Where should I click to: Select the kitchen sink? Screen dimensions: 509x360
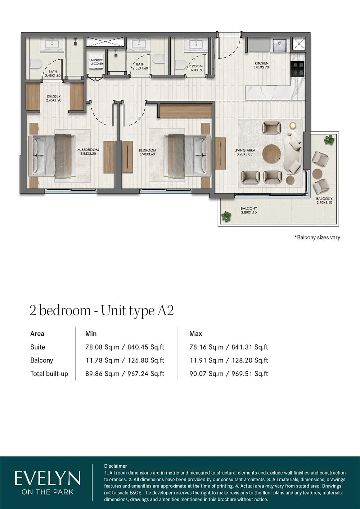(x=279, y=45)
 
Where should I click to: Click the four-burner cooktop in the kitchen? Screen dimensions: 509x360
(x=297, y=68)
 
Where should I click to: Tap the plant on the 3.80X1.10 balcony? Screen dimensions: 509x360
(x=226, y=216)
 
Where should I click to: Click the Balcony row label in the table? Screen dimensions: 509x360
(x=42, y=360)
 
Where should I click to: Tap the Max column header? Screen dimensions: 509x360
(x=196, y=334)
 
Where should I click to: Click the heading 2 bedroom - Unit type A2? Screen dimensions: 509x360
(x=102, y=310)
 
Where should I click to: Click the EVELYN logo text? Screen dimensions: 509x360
(x=47, y=479)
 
